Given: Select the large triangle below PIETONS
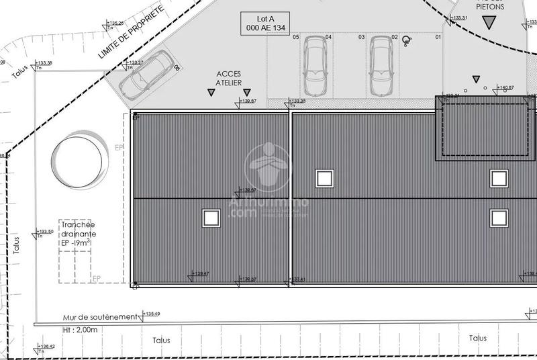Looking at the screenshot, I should point(491,22).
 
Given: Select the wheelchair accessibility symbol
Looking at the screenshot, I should point(406,40).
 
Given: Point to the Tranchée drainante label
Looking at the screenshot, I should point(77,233).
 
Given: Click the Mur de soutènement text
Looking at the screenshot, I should point(96,316).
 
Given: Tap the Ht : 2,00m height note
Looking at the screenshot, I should point(76,330).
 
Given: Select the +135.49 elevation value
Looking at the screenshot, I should point(151,314).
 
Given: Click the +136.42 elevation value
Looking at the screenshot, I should point(46,347).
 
